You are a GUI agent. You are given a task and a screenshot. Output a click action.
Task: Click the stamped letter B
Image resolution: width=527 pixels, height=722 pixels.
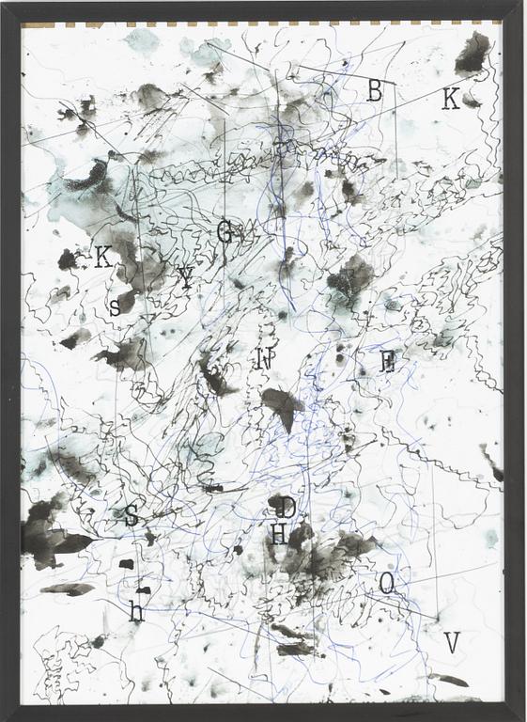point(375,90)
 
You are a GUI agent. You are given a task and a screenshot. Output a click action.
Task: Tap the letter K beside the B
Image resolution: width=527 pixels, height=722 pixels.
point(450,99)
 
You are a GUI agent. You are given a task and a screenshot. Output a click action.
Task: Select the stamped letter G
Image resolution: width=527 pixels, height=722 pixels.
point(225,231)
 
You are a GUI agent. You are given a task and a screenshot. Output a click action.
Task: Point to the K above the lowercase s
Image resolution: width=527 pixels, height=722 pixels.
point(103,257)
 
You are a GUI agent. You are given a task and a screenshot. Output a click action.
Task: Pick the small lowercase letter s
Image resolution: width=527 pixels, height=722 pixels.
point(115,306)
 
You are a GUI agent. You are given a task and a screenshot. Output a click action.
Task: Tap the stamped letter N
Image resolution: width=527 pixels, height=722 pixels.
point(265,358)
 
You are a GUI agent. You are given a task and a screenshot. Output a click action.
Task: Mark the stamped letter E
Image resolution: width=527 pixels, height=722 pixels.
point(387,362)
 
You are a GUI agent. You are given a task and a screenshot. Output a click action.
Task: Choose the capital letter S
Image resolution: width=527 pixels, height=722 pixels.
point(132,514)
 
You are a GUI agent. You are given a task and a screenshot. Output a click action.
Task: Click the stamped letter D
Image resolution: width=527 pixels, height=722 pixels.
point(288,508)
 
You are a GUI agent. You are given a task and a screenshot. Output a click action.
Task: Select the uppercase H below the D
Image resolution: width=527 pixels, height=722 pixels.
point(279,535)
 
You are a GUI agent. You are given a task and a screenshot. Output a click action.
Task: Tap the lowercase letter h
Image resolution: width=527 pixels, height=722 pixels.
point(136,613)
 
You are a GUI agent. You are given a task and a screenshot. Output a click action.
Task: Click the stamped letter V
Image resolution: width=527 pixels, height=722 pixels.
point(451,643)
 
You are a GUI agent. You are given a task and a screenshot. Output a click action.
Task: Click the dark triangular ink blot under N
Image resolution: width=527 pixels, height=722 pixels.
point(283,404)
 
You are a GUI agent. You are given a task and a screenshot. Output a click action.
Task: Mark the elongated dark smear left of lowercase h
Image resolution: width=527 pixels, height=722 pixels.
point(68,589)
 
